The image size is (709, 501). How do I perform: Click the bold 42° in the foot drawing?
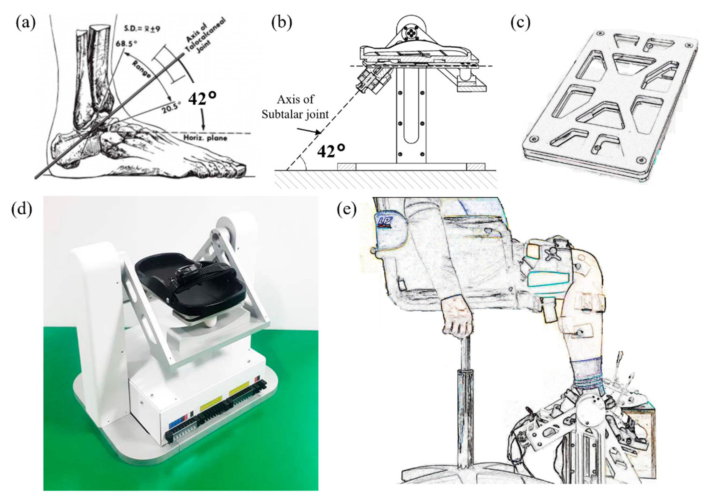(x=202, y=99)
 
